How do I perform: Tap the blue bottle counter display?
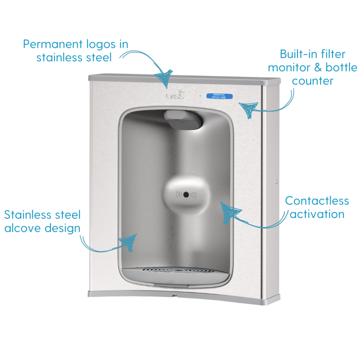click(x=219, y=96)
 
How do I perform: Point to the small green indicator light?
click(x=200, y=96)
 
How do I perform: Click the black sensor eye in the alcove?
click(x=186, y=195)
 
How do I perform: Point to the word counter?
click(x=313, y=81)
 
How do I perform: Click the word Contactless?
click(x=317, y=201)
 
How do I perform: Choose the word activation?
click(x=317, y=214)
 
